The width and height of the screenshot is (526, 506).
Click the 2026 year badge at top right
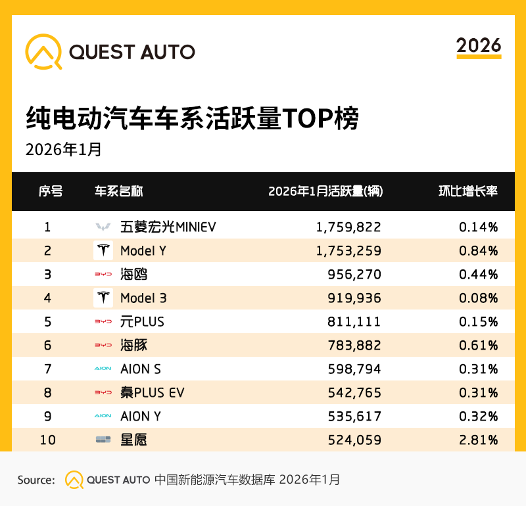(x=479, y=46)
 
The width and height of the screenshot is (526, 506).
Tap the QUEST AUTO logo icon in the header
(x=43, y=51)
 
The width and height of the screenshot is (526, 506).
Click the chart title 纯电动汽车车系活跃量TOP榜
(x=193, y=120)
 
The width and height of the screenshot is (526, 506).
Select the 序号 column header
(x=51, y=191)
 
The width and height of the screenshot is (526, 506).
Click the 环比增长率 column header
(x=468, y=191)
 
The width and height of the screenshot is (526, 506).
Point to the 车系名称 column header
(x=119, y=191)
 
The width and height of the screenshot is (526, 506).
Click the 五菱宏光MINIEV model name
(x=168, y=227)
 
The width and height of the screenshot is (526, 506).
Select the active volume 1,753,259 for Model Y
(x=348, y=250)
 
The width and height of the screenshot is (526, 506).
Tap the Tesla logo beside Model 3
(x=103, y=298)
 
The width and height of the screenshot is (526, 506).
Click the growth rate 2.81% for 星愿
(x=478, y=440)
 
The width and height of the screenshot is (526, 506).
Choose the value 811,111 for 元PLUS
(x=354, y=321)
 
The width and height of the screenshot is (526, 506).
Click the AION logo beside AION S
(x=103, y=369)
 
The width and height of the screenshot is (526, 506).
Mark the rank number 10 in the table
(x=47, y=440)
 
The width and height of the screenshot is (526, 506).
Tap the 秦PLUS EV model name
(x=152, y=392)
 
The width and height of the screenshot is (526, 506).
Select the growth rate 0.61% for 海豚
(x=478, y=345)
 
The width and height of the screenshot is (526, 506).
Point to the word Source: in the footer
(x=36, y=480)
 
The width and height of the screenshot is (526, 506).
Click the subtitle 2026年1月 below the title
(x=64, y=149)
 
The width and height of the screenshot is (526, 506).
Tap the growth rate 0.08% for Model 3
(x=478, y=298)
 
